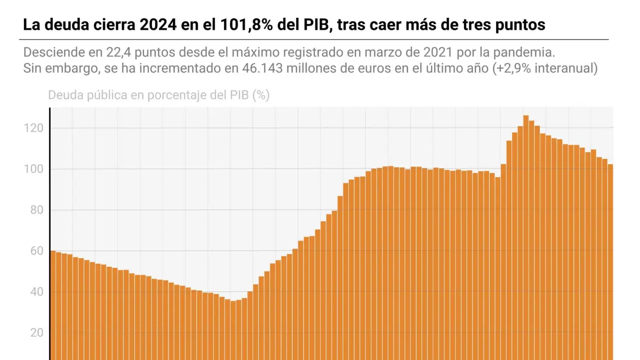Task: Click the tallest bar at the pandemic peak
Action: (526, 240)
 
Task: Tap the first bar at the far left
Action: (53, 304)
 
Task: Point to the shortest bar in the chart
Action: (233, 331)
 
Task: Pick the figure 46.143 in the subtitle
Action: (261, 69)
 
